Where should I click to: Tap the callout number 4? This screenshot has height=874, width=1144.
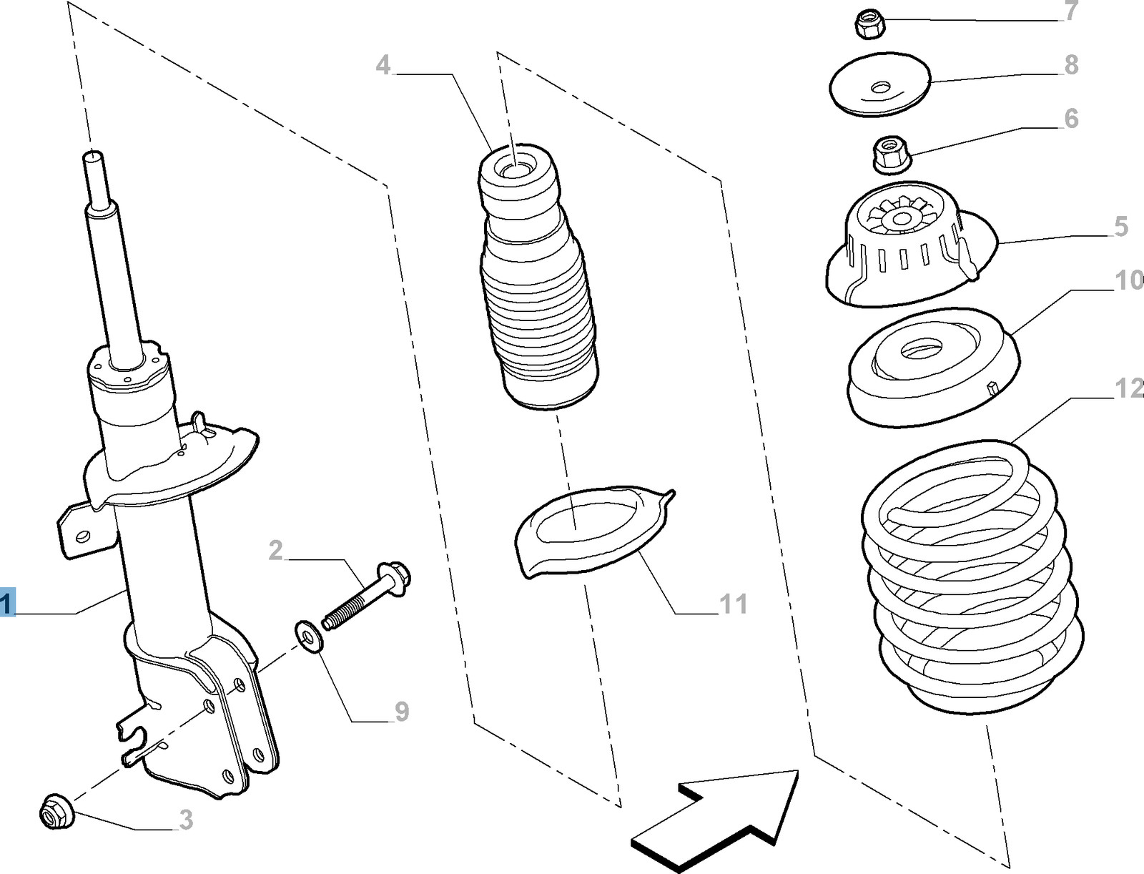384,66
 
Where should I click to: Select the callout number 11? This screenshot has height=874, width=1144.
733,604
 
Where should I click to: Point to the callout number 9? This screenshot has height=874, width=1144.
402,712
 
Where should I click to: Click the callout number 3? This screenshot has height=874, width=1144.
186,820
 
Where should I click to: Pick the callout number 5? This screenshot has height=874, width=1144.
1120,227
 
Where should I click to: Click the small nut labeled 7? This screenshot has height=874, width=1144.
869,26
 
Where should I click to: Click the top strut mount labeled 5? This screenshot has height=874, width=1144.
908,247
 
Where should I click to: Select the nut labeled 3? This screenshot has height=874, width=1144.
54,812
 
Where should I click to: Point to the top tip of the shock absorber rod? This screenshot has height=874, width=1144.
94,156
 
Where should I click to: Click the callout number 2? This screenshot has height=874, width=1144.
276,551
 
